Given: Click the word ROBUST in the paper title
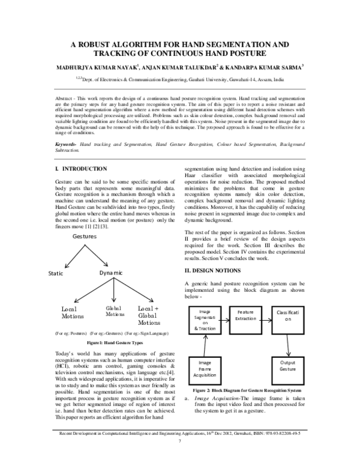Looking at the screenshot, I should point(113,45).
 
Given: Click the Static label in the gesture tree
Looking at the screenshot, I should point(56,273).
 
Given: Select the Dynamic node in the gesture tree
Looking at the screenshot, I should point(111,273).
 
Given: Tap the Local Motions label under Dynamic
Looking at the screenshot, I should point(73,313).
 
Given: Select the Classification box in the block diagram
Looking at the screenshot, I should point(292,316).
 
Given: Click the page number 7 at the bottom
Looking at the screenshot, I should point(180,458).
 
